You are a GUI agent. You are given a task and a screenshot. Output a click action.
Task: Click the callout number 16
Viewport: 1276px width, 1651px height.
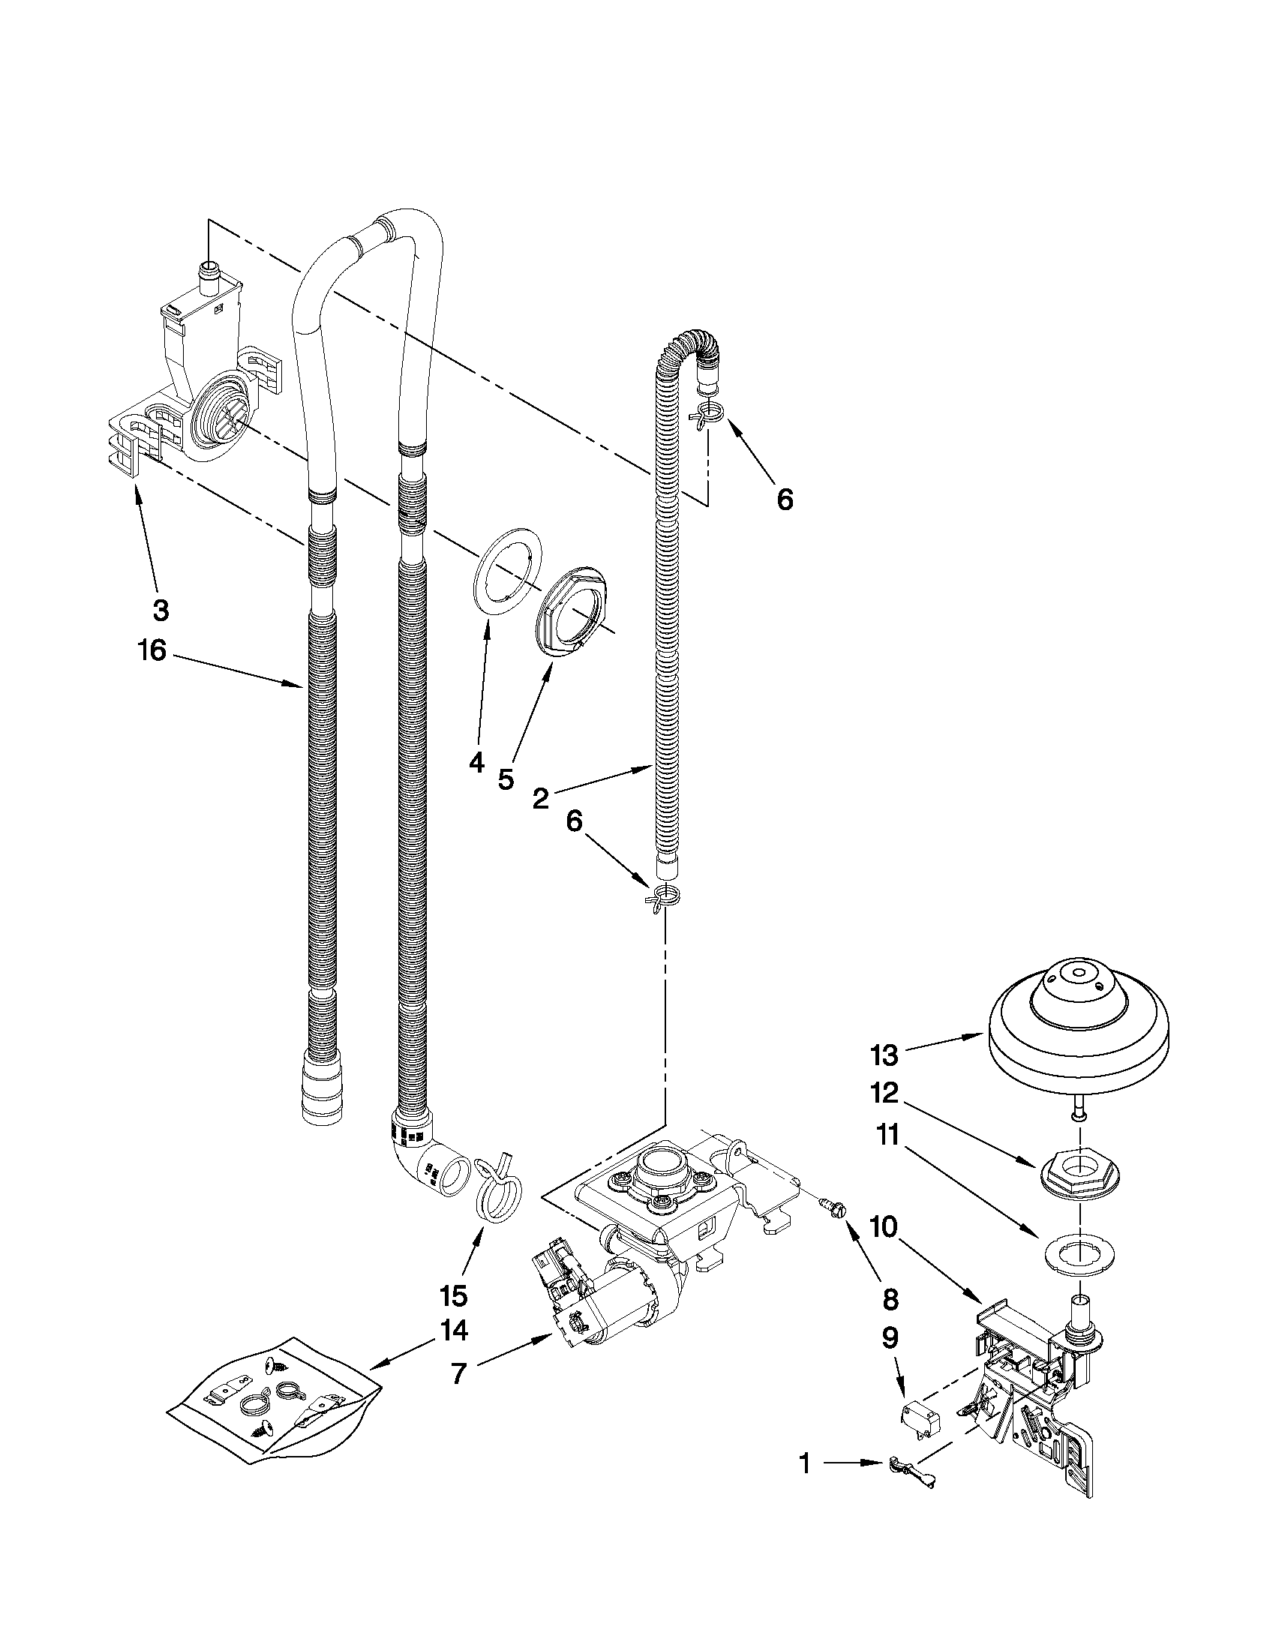152,650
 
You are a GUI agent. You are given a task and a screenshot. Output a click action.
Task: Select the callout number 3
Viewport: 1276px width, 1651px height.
161,610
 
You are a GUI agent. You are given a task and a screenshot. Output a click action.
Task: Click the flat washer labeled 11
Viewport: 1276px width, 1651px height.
1079,1256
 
